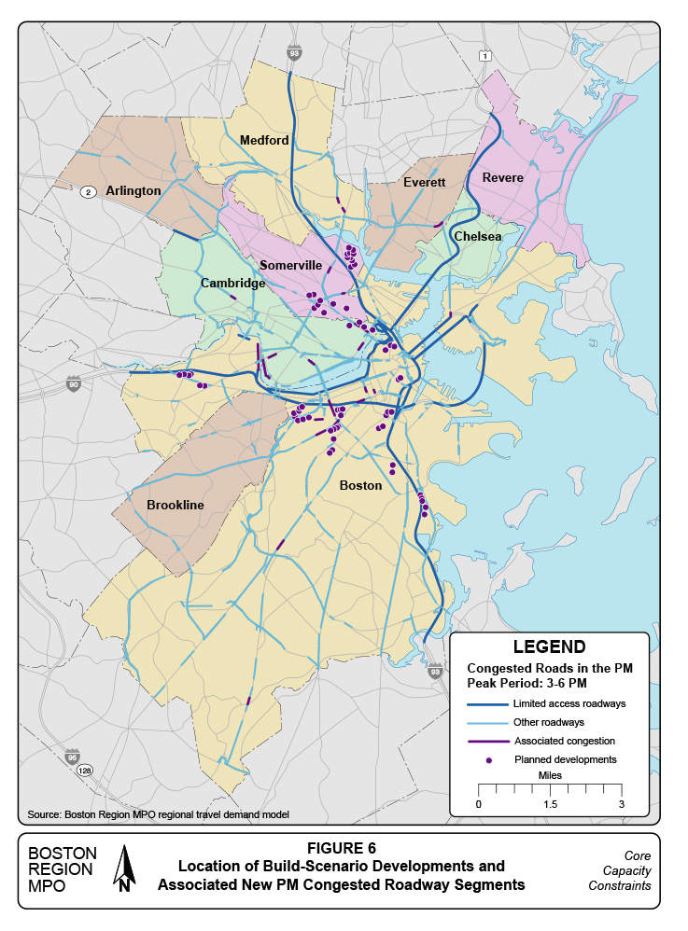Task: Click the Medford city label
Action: click(264, 141)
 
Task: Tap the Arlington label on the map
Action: click(133, 190)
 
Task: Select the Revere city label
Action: click(503, 177)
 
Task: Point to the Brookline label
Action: click(175, 505)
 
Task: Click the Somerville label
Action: click(290, 266)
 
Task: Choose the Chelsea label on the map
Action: click(478, 237)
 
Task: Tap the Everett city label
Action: click(425, 182)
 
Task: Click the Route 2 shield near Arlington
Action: click(89, 191)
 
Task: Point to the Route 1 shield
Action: click(484, 57)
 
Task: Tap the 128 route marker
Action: click(86, 771)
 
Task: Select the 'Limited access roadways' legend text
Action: click(569, 703)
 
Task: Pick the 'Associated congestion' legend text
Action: click(564, 742)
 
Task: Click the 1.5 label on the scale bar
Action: click(549, 804)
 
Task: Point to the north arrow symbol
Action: click(124, 868)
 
